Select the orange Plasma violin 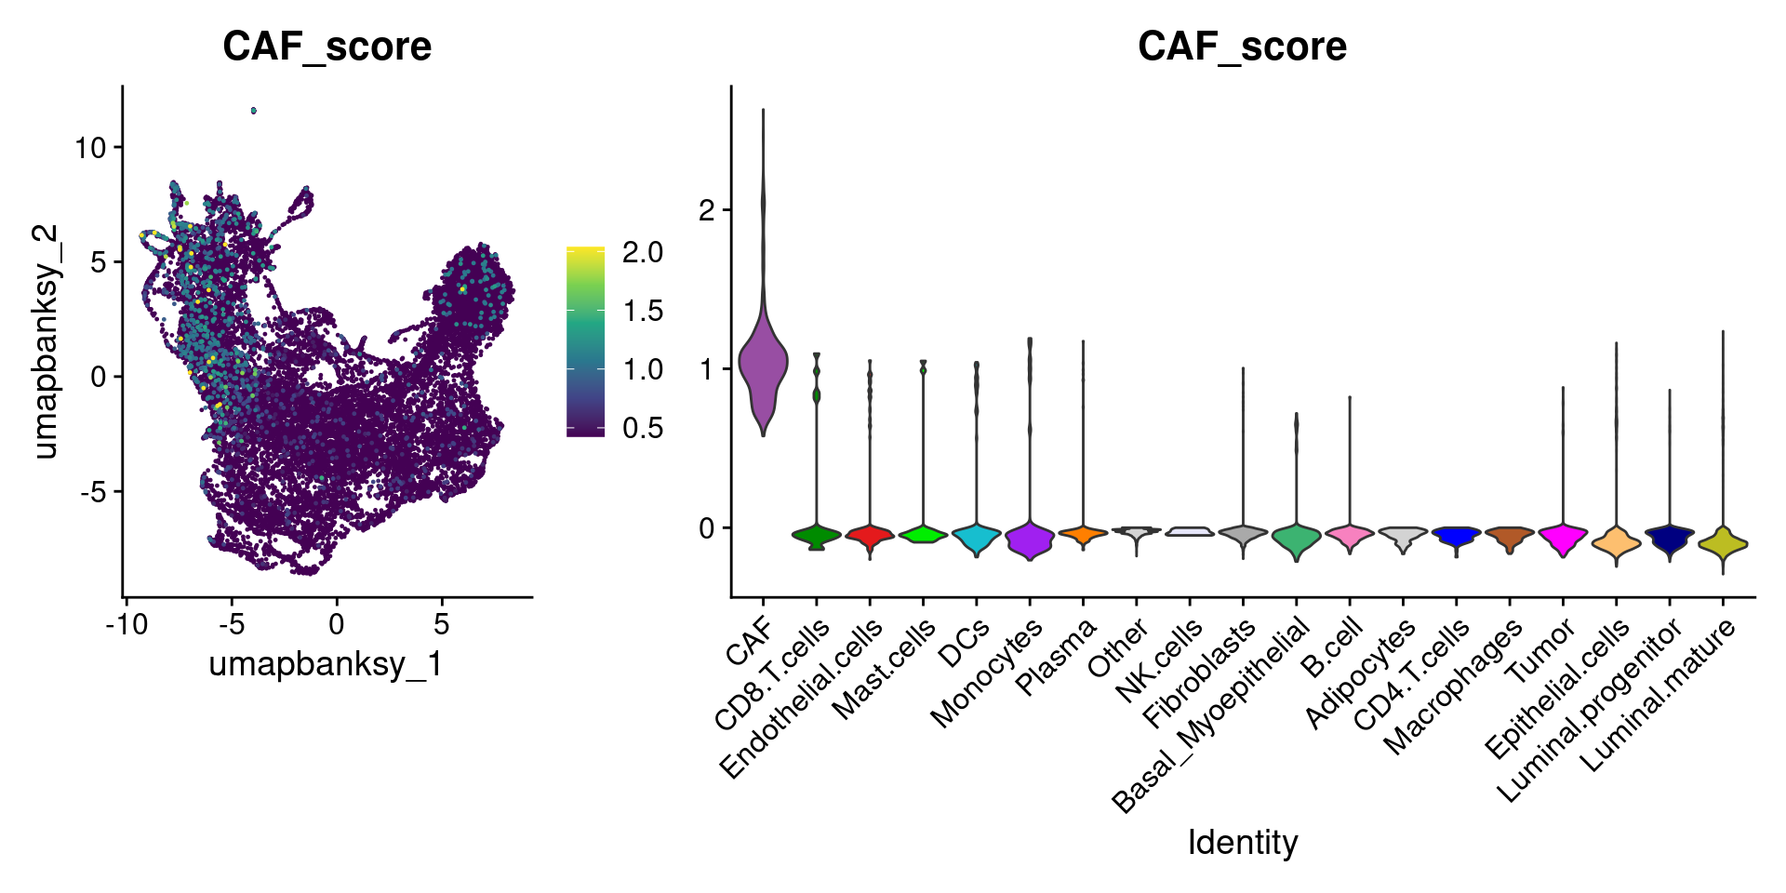pyautogui.click(x=1083, y=534)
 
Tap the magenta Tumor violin pyautogui.click(x=1563, y=537)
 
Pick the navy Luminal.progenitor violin pyautogui.click(x=1670, y=539)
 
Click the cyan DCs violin pyautogui.click(x=976, y=538)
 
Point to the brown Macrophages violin pyautogui.click(x=1509, y=536)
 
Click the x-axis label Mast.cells pyautogui.click(x=884, y=670)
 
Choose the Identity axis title pyautogui.click(x=1242, y=843)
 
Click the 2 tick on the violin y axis pyautogui.click(x=708, y=210)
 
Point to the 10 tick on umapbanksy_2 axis pyautogui.click(x=91, y=147)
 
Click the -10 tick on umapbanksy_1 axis pyautogui.click(x=127, y=624)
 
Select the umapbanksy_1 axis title pyautogui.click(x=326, y=664)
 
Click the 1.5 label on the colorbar pyautogui.click(x=643, y=311)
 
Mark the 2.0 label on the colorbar pyautogui.click(x=643, y=252)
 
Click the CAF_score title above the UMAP pyautogui.click(x=327, y=47)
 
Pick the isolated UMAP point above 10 pyautogui.click(x=253, y=111)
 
